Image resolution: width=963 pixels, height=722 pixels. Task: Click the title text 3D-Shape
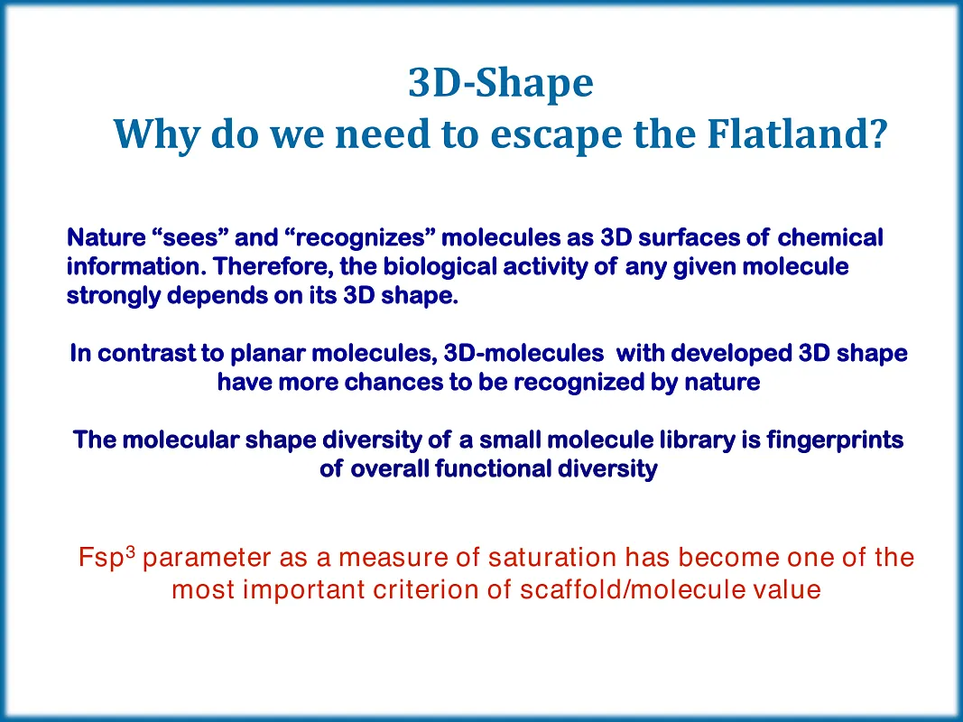[x=501, y=84]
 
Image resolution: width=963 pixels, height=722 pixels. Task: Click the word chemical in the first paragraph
[x=830, y=238]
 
